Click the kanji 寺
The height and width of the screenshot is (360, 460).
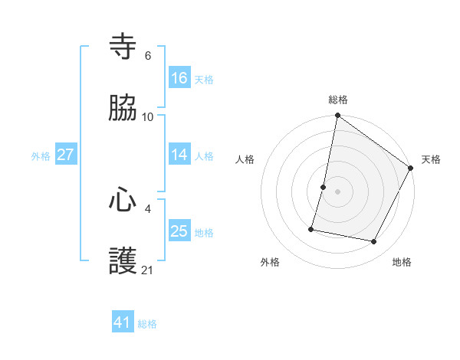(x=123, y=47)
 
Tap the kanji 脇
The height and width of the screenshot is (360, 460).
(x=123, y=108)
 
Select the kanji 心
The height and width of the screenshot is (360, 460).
(x=123, y=200)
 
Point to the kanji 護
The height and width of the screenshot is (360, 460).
(x=123, y=261)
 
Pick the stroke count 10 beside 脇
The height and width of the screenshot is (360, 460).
(x=148, y=116)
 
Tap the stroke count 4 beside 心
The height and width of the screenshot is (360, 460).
(x=147, y=208)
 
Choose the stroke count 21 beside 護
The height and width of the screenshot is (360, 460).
(x=148, y=270)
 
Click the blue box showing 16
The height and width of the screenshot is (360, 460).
(x=179, y=77)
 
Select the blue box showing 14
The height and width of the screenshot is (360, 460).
(x=179, y=155)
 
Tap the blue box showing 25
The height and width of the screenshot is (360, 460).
(x=179, y=231)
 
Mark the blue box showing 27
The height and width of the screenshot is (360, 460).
(x=66, y=155)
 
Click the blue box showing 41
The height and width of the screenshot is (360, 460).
(x=123, y=322)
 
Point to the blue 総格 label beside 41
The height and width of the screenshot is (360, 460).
(x=147, y=324)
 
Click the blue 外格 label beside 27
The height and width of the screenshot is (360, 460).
(x=41, y=156)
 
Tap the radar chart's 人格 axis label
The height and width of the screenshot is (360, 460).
(x=245, y=159)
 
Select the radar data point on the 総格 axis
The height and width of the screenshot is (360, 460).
(x=337, y=116)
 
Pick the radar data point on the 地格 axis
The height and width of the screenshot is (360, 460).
(x=373, y=241)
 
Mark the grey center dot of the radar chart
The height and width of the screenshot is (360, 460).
(x=337, y=191)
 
